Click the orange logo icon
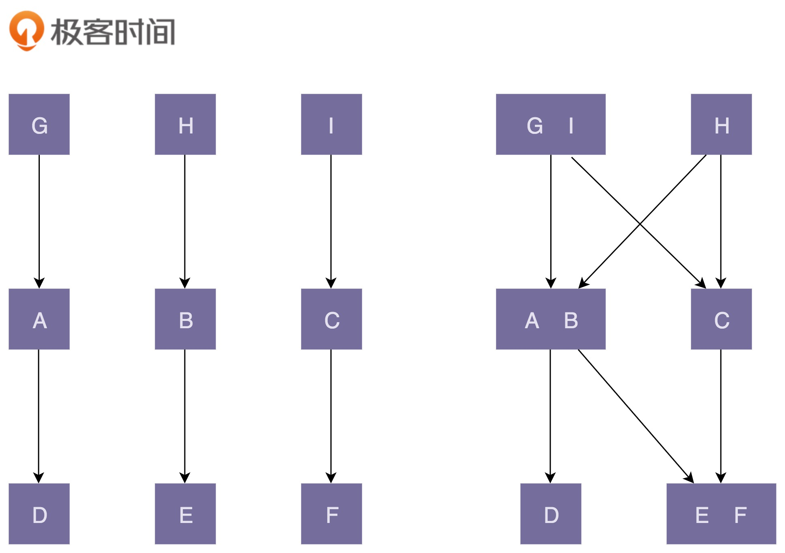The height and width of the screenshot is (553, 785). (x=26, y=30)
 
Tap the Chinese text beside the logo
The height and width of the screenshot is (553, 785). (x=113, y=32)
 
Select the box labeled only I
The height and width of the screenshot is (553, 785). (x=331, y=124)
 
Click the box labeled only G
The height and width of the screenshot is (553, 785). (x=39, y=124)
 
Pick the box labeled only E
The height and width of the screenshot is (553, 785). (x=185, y=514)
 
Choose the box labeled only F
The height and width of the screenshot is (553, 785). (x=331, y=514)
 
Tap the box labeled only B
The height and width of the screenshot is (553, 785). (x=185, y=319)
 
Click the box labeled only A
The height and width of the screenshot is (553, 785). (x=39, y=319)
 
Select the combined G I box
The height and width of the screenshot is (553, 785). (x=550, y=124)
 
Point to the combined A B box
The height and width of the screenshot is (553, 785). (x=550, y=319)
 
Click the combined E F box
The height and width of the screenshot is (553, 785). (x=721, y=514)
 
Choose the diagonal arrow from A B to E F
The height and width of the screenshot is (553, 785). (x=636, y=416)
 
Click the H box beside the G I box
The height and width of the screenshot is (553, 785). (x=721, y=124)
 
